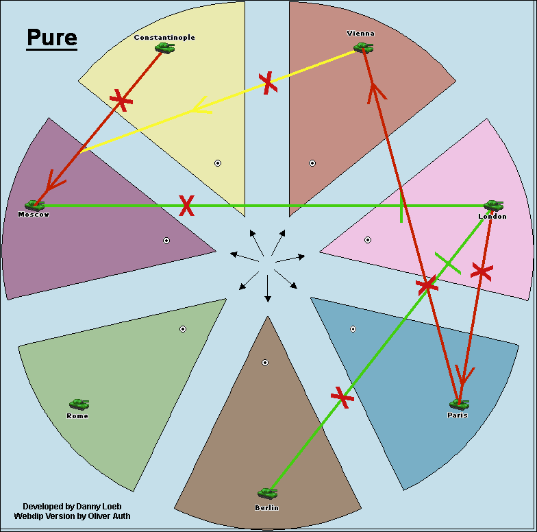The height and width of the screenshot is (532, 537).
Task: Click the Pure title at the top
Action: pyautogui.click(x=52, y=38)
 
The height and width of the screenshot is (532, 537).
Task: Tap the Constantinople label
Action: pyautogui.click(x=164, y=38)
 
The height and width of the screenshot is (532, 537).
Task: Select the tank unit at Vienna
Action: pyautogui.click(x=363, y=47)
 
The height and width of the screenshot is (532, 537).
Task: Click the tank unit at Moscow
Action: pyautogui.click(x=34, y=205)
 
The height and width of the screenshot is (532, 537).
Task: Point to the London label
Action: pyautogui.click(x=492, y=217)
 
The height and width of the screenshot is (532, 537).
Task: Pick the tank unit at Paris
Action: pyautogui.click(x=458, y=404)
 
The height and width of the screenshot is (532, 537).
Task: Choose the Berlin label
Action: pyautogui.click(x=266, y=508)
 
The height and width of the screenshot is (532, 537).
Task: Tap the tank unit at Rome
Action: pyautogui.click(x=79, y=404)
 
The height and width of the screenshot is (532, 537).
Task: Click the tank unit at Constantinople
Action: pyautogui.click(x=164, y=47)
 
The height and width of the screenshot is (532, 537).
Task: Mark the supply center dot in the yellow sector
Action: pyautogui.click(x=218, y=163)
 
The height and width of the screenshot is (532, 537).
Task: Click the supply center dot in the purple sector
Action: pyautogui.click(x=166, y=240)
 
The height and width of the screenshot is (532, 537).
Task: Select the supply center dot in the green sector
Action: pyautogui.click(x=183, y=329)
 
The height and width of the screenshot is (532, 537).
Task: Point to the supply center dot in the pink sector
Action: pyautogui.click(x=368, y=240)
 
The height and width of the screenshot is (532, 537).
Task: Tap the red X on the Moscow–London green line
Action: pyautogui.click(x=186, y=205)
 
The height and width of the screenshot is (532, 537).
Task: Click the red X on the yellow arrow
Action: pyautogui.click(x=268, y=82)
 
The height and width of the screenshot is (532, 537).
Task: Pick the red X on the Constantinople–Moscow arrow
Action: pyautogui.click(x=121, y=101)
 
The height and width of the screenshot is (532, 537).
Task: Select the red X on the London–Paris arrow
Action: pyautogui.click(x=482, y=271)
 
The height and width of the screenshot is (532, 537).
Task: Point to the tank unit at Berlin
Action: pyautogui.click(x=267, y=493)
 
